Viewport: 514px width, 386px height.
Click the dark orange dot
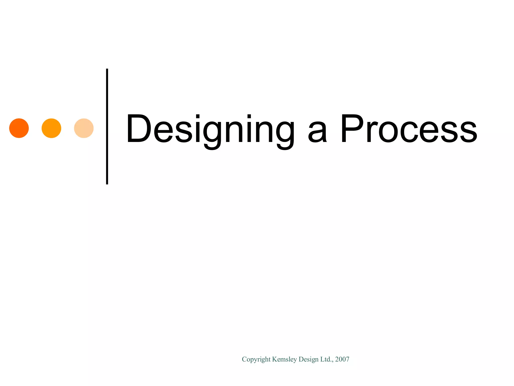(19, 128)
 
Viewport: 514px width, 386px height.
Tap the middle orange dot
(51, 128)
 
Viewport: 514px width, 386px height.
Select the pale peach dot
(84, 128)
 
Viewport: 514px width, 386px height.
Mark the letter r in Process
(371, 132)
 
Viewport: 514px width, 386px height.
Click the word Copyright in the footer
(256, 360)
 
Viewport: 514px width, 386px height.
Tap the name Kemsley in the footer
(285, 360)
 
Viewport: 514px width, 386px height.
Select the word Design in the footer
(308, 360)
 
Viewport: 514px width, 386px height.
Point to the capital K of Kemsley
(274, 359)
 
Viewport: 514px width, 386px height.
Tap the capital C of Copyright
(244, 359)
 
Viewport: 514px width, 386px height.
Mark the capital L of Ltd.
(322, 359)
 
